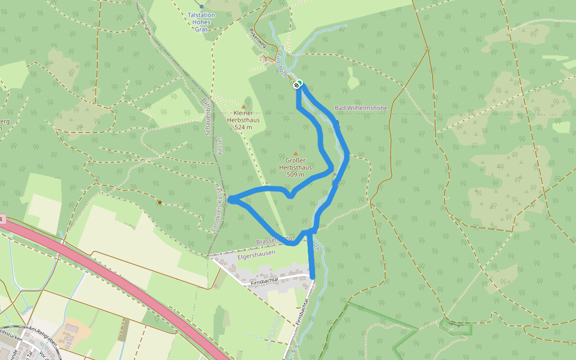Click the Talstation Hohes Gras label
click(x=202, y=22)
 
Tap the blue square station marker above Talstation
click(x=202, y=6)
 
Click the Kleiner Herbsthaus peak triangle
click(x=243, y=106)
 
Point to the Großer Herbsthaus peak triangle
click(x=295, y=153)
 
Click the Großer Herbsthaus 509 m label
click(x=295, y=167)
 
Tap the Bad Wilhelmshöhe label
click(x=361, y=108)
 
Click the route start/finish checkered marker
click(x=297, y=85)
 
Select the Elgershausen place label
click(x=256, y=253)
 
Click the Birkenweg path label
click(x=257, y=39)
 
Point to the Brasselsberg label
click(x=274, y=241)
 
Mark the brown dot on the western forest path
click(x=160, y=202)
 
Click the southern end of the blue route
click(x=312, y=275)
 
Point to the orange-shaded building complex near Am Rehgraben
click(x=76, y=330)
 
